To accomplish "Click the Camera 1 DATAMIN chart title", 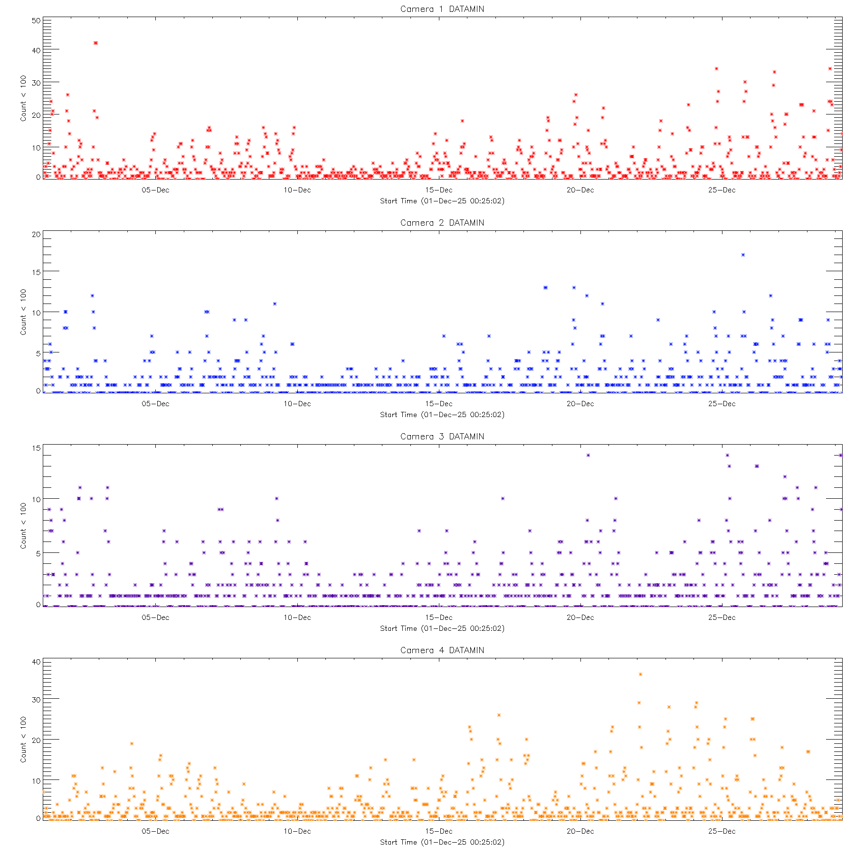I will [x=442, y=9].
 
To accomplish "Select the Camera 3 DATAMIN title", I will [x=442, y=437].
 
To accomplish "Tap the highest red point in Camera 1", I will [x=95, y=43].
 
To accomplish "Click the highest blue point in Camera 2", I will [x=743, y=255].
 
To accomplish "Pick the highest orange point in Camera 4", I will [x=640, y=674].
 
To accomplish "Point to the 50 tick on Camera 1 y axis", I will [x=36, y=21].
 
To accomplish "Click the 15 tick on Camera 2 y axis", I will [x=36, y=272].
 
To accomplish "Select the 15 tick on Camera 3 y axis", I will [x=36, y=448].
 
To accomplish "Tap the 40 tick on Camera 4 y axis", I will [x=36, y=662].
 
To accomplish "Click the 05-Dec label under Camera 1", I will [x=155, y=190].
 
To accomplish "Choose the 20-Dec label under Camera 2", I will [x=580, y=404].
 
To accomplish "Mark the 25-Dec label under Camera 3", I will [x=722, y=617].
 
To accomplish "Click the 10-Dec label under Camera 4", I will [x=297, y=831].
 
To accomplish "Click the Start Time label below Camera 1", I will [x=442, y=201].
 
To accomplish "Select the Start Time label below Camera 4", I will [x=442, y=842].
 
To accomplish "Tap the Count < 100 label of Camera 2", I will [x=23, y=312].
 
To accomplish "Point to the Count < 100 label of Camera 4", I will [x=23, y=740].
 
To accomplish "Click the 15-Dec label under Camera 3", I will [x=438, y=617].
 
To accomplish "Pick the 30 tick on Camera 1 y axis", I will [x=36, y=83].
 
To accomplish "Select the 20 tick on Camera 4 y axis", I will [x=36, y=740].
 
